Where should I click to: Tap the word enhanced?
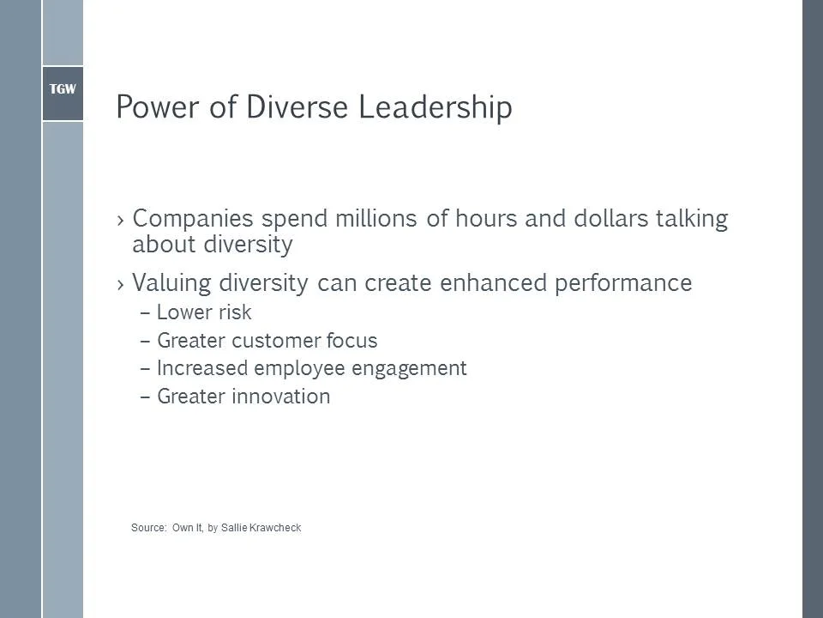click(482, 283)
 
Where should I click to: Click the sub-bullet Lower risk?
click(204, 312)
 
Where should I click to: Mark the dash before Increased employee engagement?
click(144, 369)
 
